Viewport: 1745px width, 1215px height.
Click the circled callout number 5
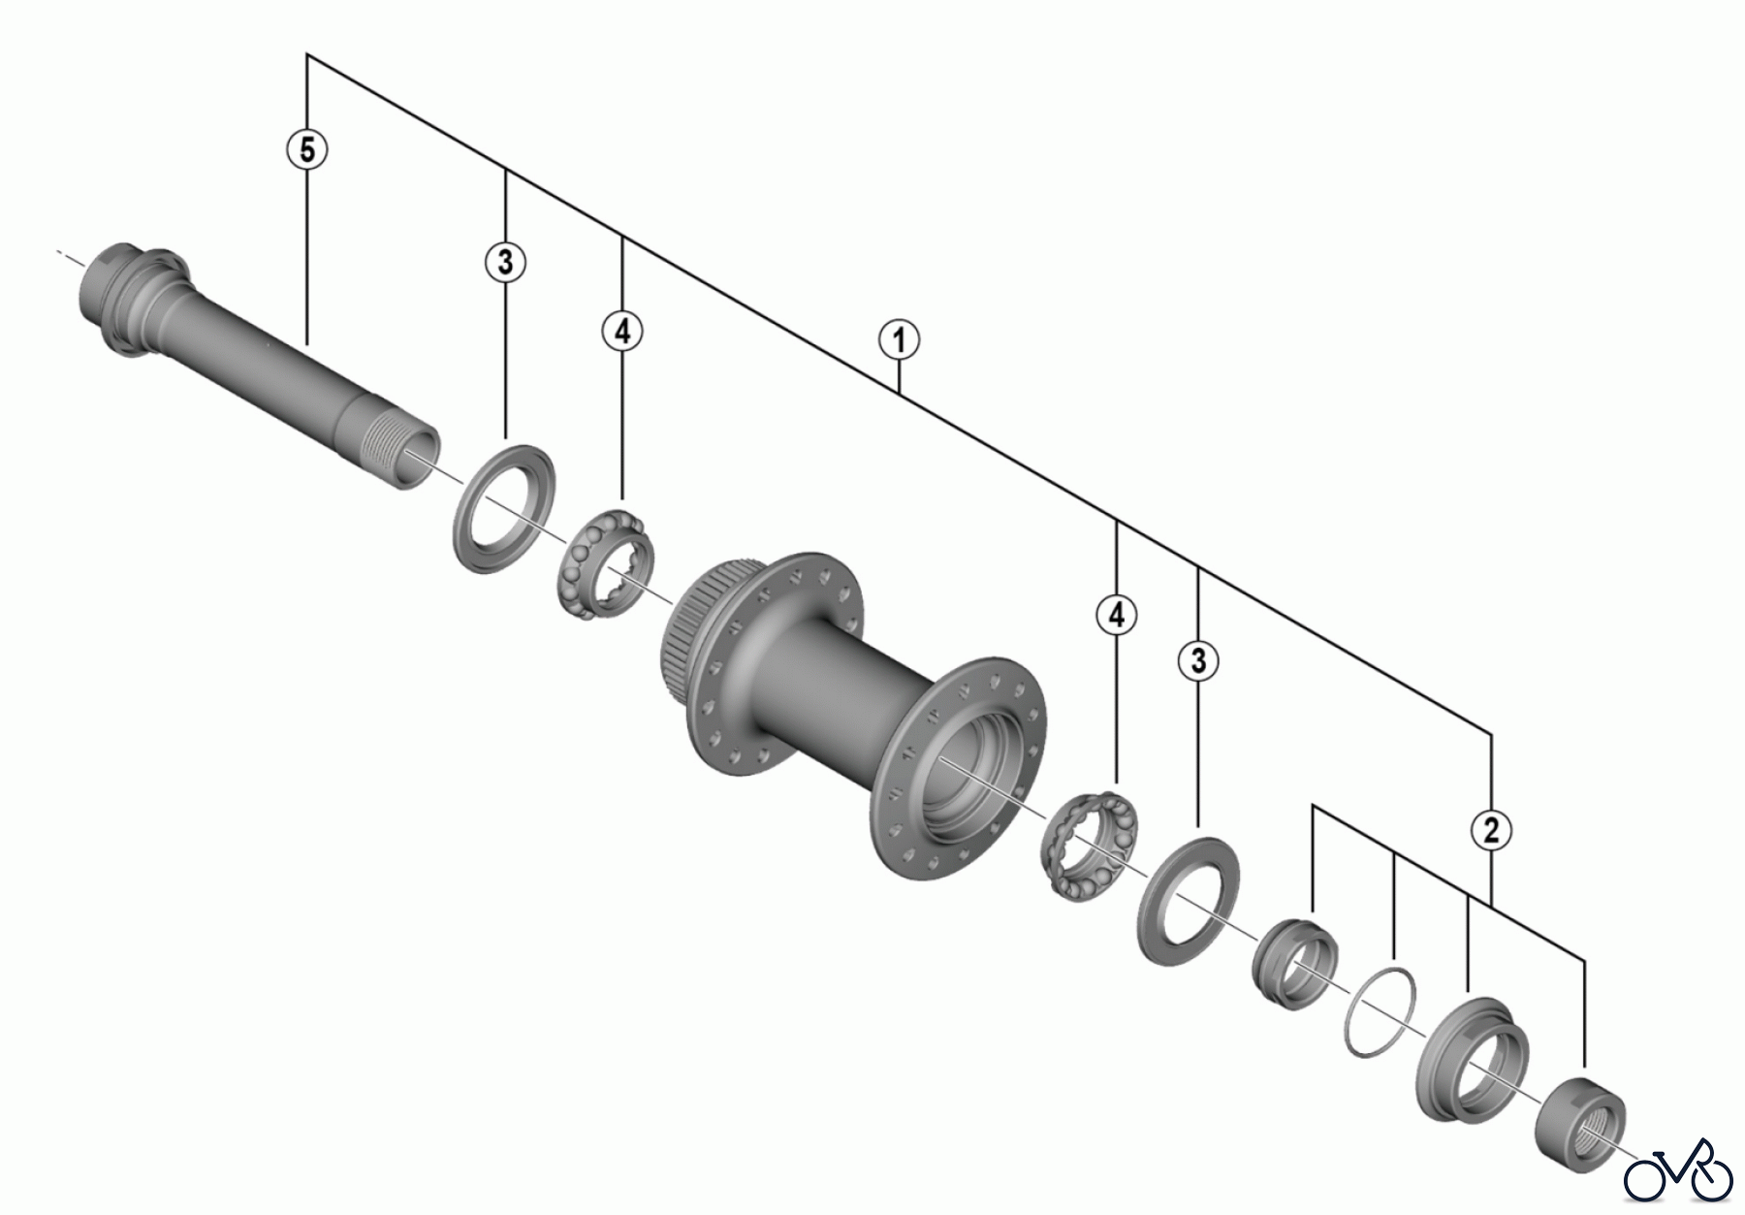tap(307, 150)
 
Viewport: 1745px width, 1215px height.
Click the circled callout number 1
tap(900, 340)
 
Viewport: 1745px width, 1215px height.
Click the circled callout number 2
tap(1491, 829)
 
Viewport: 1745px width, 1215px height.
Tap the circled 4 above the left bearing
tap(621, 332)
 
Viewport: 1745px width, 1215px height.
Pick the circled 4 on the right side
tap(1117, 615)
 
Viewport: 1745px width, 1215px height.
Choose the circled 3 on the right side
tap(1199, 661)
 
